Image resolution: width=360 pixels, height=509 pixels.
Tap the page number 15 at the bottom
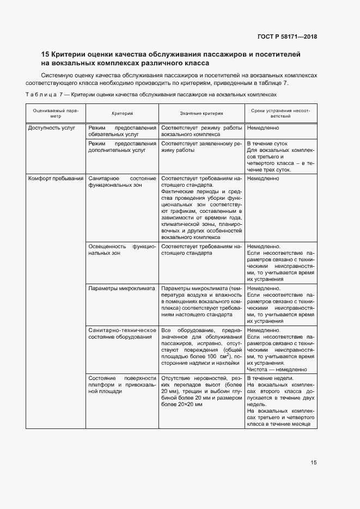tap(313, 463)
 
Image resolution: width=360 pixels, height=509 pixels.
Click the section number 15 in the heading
tap(46, 54)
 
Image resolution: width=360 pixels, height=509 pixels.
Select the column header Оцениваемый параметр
tap(56, 113)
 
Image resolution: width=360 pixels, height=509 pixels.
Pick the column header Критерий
tap(122, 113)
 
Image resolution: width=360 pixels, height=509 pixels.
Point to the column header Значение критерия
tap(202, 113)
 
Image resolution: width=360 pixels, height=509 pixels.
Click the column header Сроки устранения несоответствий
tap(280, 113)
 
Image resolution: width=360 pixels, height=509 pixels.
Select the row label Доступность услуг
tap(50, 128)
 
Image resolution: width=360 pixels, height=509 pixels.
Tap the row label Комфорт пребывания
tap(56, 178)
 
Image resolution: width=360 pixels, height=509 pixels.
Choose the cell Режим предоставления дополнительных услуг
tap(122, 147)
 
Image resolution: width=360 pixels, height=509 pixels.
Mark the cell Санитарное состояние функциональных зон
tap(122, 181)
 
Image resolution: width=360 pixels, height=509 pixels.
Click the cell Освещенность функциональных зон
tap(122, 250)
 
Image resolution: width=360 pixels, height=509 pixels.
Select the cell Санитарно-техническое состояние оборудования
tap(122, 333)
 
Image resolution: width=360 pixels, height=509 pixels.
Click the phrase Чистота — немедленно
tap(277, 369)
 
